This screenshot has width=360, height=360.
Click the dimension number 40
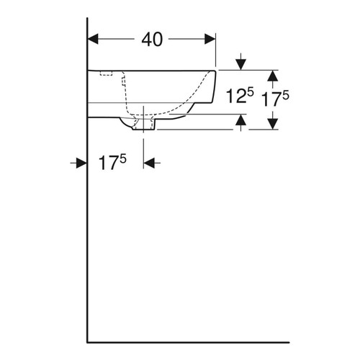point(151,40)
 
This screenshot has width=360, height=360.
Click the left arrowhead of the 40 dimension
point(93,40)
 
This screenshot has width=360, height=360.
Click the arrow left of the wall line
point(81,163)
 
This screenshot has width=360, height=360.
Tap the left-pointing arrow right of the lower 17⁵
point(150,163)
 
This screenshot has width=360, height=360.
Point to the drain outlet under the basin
point(145,127)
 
